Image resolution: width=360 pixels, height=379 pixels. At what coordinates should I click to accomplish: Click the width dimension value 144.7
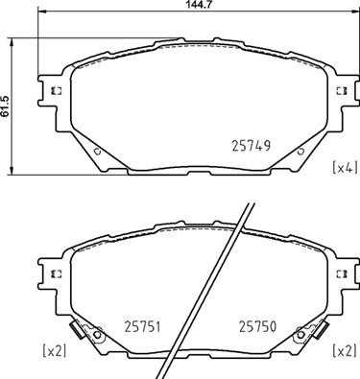point(180,7)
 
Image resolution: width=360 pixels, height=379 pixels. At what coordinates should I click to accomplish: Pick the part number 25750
point(256,325)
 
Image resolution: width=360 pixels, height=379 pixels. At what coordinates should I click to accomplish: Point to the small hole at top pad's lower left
point(97,150)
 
